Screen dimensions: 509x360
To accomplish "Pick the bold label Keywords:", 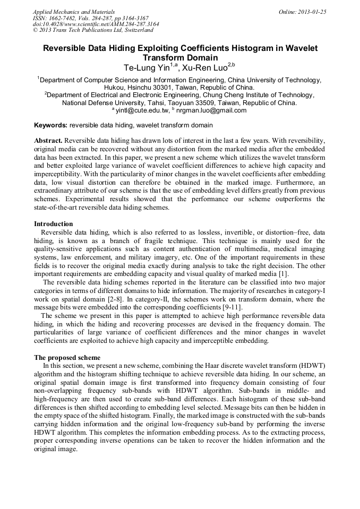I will pos(50,125).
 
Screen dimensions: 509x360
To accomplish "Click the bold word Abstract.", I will pos(48,141).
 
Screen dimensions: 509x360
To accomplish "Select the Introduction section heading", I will pos(53,224).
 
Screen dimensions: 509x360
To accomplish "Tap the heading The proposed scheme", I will pos(67,357).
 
